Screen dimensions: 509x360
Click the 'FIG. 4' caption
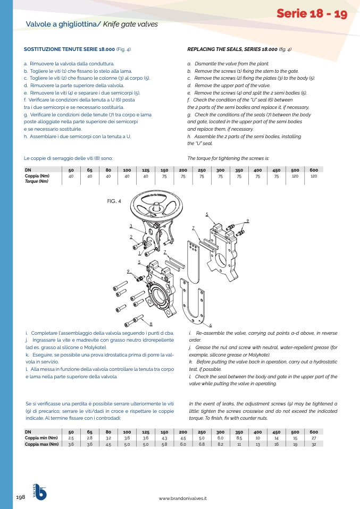pyautogui.click(x=114, y=201)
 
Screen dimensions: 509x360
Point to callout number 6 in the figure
pyautogui.click(x=211, y=325)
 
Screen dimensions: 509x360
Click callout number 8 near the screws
pyautogui.click(x=152, y=324)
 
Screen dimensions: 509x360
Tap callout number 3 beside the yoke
pyautogui.click(x=131, y=226)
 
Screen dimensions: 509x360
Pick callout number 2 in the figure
pyautogui.click(x=131, y=236)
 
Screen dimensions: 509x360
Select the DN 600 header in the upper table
pyautogui.click(x=314, y=170)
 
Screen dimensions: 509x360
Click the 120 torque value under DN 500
pyautogui.click(x=295, y=176)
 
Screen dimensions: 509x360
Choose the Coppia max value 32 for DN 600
pyautogui.click(x=314, y=444)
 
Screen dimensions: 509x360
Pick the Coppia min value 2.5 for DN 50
pyautogui.click(x=71, y=438)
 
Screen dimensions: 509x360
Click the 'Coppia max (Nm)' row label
pyautogui.click(x=41, y=444)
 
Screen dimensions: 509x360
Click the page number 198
pyautogui.click(x=21, y=497)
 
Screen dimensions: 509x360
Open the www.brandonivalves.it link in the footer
pyautogui.click(x=182, y=498)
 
